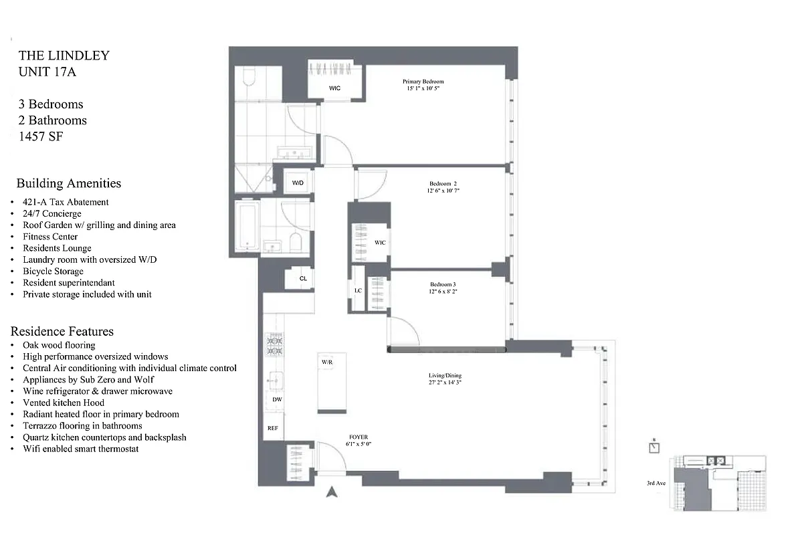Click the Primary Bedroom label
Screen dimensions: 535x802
tap(423, 82)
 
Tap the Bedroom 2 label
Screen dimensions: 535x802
tap(444, 183)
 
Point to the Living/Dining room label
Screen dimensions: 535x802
tap(445, 375)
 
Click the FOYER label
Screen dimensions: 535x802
tap(359, 437)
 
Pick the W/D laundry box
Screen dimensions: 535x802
tap(298, 183)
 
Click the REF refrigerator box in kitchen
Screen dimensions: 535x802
tap(273, 428)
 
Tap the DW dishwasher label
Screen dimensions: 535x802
tap(276, 400)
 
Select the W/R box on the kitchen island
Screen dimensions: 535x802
tap(327, 362)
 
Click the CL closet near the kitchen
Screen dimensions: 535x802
tap(303, 279)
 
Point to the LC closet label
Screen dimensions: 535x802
tap(358, 290)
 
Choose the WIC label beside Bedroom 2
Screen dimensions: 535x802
tap(380, 243)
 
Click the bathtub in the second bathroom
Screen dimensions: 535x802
tap(247, 227)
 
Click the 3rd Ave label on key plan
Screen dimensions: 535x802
tap(656, 483)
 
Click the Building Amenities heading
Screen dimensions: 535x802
tap(69, 183)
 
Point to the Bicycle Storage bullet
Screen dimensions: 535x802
tap(53, 271)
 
